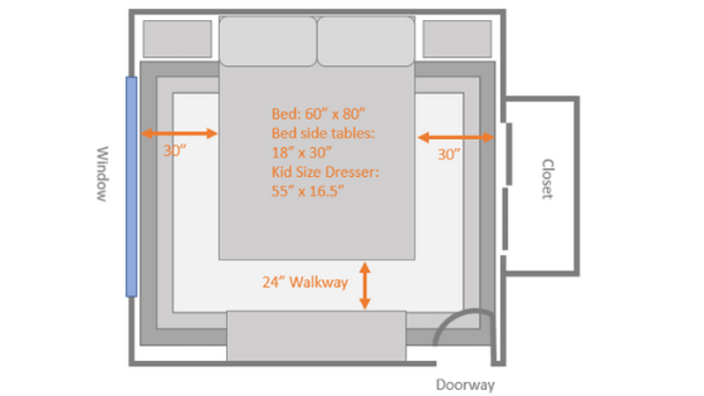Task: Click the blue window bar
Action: [132, 186]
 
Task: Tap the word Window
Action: [103, 173]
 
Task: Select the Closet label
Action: [547, 178]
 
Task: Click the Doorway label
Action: [465, 385]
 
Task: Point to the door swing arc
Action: [449, 317]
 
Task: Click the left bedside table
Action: [177, 39]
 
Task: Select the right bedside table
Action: [457, 39]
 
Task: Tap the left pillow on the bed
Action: [268, 42]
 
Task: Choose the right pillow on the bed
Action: [366, 42]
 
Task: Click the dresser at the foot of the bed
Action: [317, 335]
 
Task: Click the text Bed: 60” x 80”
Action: [318, 114]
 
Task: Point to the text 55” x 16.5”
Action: [308, 191]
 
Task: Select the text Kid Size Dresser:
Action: [325, 172]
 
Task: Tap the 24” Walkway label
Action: [306, 282]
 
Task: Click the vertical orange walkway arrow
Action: [365, 286]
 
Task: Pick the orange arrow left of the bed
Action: [179, 133]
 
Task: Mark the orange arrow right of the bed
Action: [455, 137]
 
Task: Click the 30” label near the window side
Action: [175, 151]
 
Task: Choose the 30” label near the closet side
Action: [449, 154]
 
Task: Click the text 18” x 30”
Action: [301, 153]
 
